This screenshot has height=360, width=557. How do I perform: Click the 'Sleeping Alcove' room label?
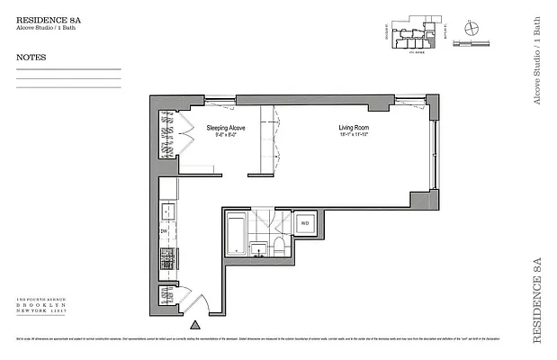point(225,128)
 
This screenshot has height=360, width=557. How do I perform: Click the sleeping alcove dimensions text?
point(225,136)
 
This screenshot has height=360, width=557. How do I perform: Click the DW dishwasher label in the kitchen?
point(165,231)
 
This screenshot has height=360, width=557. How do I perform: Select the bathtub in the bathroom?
point(238,232)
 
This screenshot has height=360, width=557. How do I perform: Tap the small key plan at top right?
point(415,30)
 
